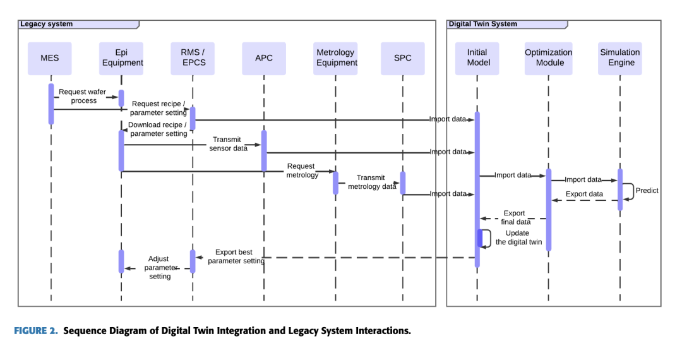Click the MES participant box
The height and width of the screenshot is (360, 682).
point(50,58)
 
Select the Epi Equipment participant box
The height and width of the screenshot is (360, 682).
point(121,58)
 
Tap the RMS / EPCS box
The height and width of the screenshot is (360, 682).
point(193,58)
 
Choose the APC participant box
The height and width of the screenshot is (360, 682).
point(264,58)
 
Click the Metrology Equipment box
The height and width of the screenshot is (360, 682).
point(336,58)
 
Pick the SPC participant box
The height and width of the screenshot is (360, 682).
point(402,58)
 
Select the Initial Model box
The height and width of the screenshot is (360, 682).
point(477,58)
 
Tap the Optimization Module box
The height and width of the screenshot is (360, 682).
point(548,58)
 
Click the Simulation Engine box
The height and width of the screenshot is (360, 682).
point(619,58)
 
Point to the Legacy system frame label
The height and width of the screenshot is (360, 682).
point(47,25)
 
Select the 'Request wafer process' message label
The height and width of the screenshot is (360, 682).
point(83,96)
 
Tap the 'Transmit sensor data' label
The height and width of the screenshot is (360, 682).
point(227,144)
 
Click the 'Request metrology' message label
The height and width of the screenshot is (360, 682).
point(302,171)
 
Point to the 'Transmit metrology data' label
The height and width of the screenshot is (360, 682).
point(372,182)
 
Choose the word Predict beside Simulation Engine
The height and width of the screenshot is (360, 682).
point(647,191)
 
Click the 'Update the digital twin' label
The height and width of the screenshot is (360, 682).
point(518,237)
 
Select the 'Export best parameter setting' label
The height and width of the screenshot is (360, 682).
point(235,256)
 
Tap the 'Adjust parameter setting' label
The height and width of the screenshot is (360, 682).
point(159,267)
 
